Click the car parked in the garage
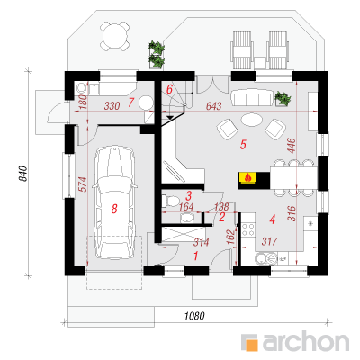tap(114, 202)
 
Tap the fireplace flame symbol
tap(247, 177)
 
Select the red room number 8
tap(114, 209)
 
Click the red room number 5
tap(243, 145)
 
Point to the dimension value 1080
tap(194, 316)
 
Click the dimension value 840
tap(23, 174)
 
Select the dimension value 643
tap(214, 105)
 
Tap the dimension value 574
tap(83, 184)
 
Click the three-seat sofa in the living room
tap(250, 97)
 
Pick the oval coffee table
tap(251, 120)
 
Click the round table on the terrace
tap(115, 36)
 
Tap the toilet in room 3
tap(170, 201)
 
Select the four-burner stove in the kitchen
tap(248, 229)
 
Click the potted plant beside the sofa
tap(283, 99)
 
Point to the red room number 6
tap(170, 89)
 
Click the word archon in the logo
tap(306, 341)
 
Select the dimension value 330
tap(112, 105)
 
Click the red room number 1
tap(196, 256)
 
